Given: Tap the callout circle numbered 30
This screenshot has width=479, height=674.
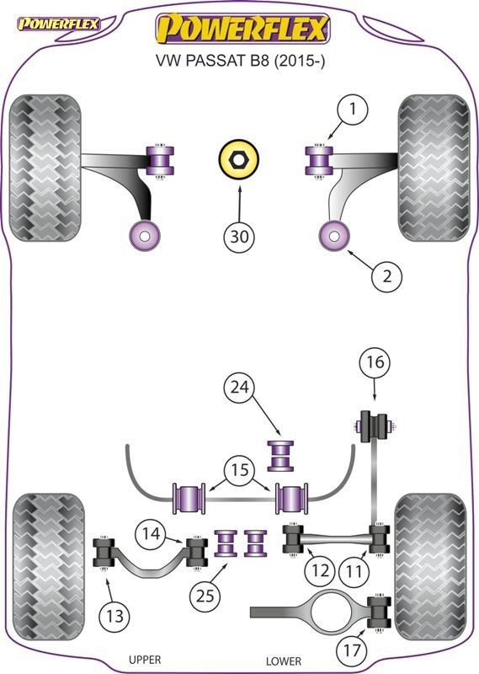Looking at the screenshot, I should coord(239,238).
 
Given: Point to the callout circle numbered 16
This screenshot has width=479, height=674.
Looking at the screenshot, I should coord(376,364).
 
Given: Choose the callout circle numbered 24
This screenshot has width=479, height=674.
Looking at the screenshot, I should coord(241,388).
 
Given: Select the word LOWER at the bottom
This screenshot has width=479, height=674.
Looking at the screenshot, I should coord(283,661).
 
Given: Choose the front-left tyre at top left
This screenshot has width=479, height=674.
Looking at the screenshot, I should coord(45,166).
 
